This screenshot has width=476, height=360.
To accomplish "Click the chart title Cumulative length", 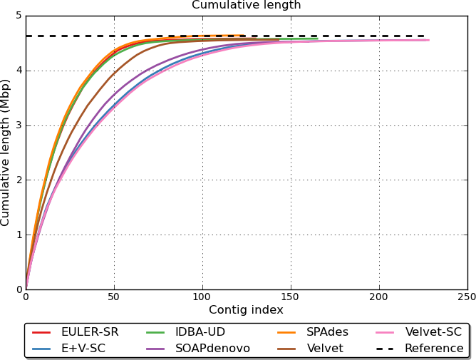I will click(x=246, y=6).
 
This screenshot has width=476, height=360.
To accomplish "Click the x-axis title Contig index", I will click(x=246, y=310).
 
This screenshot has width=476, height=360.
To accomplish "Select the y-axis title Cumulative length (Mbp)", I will click(x=6, y=153).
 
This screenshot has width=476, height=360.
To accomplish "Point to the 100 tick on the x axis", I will click(x=202, y=297).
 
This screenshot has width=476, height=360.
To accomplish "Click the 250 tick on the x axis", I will click(x=467, y=297).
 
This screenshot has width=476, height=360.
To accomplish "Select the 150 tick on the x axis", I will click(x=291, y=297).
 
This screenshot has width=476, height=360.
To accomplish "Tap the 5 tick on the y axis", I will click(x=18, y=16).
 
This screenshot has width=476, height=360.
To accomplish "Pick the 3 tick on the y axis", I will click(x=18, y=125).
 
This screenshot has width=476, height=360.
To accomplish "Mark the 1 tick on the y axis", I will click(x=18, y=235).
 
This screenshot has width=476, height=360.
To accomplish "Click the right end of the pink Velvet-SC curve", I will click(x=428, y=40).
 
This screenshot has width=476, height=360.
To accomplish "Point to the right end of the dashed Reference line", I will click(x=425, y=36).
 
